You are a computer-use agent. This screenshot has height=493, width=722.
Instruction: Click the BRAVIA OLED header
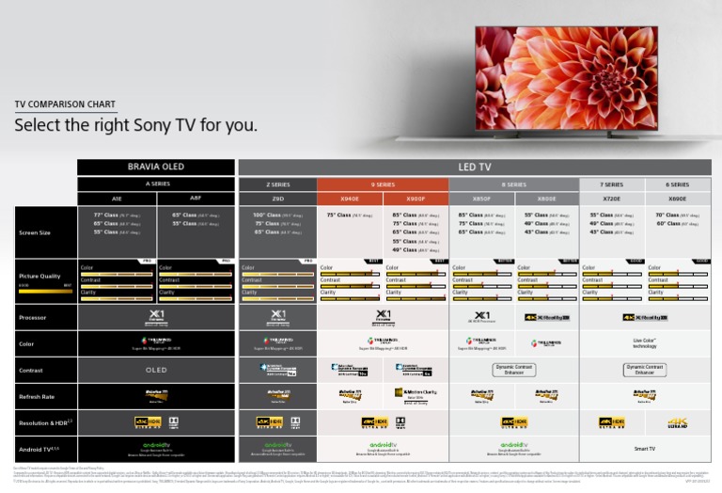pos(156,167)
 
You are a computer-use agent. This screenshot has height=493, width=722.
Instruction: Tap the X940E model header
pos(349,199)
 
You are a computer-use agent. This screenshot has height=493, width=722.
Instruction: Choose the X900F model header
pos(415,199)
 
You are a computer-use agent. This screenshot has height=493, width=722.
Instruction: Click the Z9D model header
pos(277,199)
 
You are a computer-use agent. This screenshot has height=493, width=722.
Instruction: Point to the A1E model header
pos(117,199)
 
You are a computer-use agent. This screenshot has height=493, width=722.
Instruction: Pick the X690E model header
pos(677,199)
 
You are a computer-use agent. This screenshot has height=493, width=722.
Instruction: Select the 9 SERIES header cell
pos(382,184)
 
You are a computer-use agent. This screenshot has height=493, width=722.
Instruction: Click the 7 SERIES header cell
pos(611,184)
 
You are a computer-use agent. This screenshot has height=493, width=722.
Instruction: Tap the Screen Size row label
pos(35,232)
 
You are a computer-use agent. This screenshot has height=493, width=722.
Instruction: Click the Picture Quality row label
pos(39,277)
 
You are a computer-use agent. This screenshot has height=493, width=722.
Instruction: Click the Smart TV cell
pos(644,449)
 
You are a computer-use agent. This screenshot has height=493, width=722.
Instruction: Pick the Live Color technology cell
pos(644,344)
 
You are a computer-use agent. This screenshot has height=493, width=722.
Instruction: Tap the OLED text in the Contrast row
pos(156,371)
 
